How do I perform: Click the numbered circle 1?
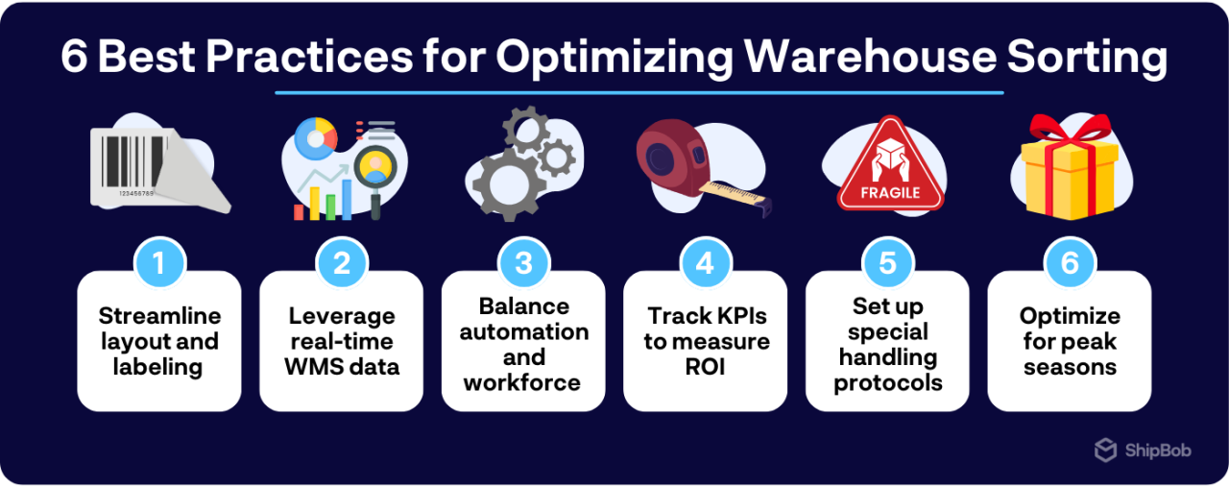click(158, 262)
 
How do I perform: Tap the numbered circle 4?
click(706, 262)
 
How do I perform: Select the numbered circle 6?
click(1070, 262)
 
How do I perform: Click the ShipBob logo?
click(1143, 450)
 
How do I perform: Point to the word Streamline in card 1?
click(158, 316)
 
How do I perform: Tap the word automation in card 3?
click(523, 332)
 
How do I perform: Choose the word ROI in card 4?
click(706, 366)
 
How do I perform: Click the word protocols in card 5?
click(887, 382)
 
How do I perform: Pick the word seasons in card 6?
click(1070, 366)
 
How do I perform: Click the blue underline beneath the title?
click(639, 93)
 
